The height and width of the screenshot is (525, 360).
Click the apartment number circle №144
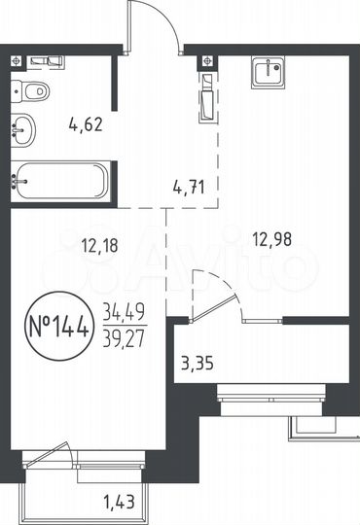pyautogui.click(x=58, y=323)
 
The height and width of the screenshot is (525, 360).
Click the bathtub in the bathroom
pyautogui.click(x=58, y=179)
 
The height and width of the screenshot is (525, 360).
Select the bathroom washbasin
pyautogui.click(x=24, y=127)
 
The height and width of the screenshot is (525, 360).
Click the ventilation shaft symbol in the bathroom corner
pyautogui.click(x=16, y=61)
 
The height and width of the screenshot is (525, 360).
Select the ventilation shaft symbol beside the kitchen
pyautogui.click(x=206, y=61)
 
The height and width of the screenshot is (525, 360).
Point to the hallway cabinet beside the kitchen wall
pyautogui.click(x=206, y=96)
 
